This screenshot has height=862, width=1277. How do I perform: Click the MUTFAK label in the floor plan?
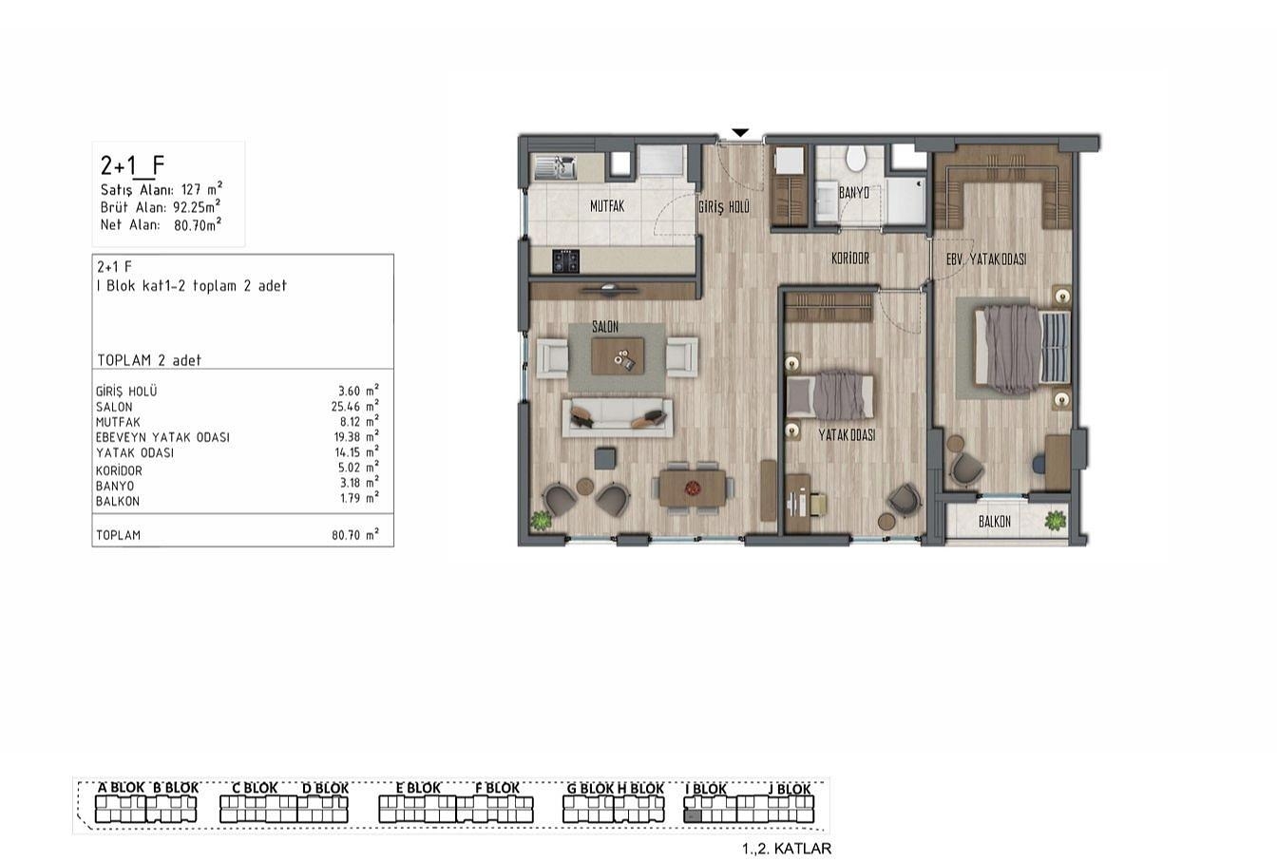(607, 206)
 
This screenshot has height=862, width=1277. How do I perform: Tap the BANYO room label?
(853, 193)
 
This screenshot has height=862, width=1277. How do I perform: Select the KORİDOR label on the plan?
(850, 259)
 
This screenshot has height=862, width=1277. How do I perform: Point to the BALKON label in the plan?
(994, 521)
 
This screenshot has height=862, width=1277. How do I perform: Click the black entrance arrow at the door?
(740, 133)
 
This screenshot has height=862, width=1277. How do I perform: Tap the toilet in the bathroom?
(855, 158)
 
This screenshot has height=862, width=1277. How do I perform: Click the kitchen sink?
(555, 167)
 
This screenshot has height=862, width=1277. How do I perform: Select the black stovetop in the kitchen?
(565, 261)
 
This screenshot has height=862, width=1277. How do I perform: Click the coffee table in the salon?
(618, 356)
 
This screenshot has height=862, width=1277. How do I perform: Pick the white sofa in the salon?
(618, 418)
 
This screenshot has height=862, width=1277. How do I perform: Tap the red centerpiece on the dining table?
(693, 488)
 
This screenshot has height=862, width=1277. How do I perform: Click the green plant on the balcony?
(1056, 521)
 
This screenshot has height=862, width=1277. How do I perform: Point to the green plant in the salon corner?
(540, 520)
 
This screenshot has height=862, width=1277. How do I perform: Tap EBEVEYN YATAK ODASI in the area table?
(162, 437)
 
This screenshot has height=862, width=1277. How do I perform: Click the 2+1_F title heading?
(132, 166)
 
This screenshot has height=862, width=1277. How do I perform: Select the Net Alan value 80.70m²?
(198, 224)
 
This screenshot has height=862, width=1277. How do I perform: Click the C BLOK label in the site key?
(255, 787)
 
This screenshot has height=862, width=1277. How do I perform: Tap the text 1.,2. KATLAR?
(787, 849)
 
